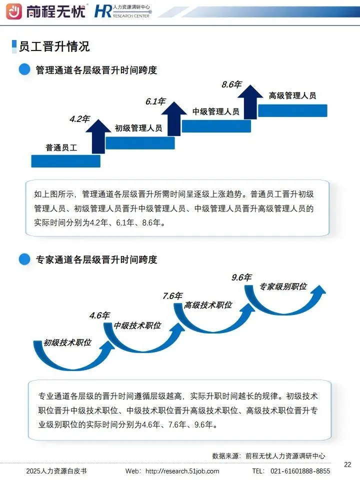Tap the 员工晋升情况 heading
tap(54, 46)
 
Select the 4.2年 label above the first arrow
tap(79, 119)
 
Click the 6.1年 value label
tap(155, 101)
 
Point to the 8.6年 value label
tap(231, 84)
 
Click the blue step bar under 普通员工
tap(65, 161)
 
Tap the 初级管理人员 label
tap(138, 128)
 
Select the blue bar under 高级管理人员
tap(292, 110)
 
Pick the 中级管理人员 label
tap(216, 111)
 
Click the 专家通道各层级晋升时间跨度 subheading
tap(96, 259)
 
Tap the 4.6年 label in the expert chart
tap(99, 315)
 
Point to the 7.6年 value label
tap(172, 296)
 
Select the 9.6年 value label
tap(241, 277)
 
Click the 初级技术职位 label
tap(67, 343)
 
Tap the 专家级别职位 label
tap(283, 287)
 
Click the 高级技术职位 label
tap(208, 305)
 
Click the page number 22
tap(348, 464)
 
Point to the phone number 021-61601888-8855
tap(300, 471)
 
